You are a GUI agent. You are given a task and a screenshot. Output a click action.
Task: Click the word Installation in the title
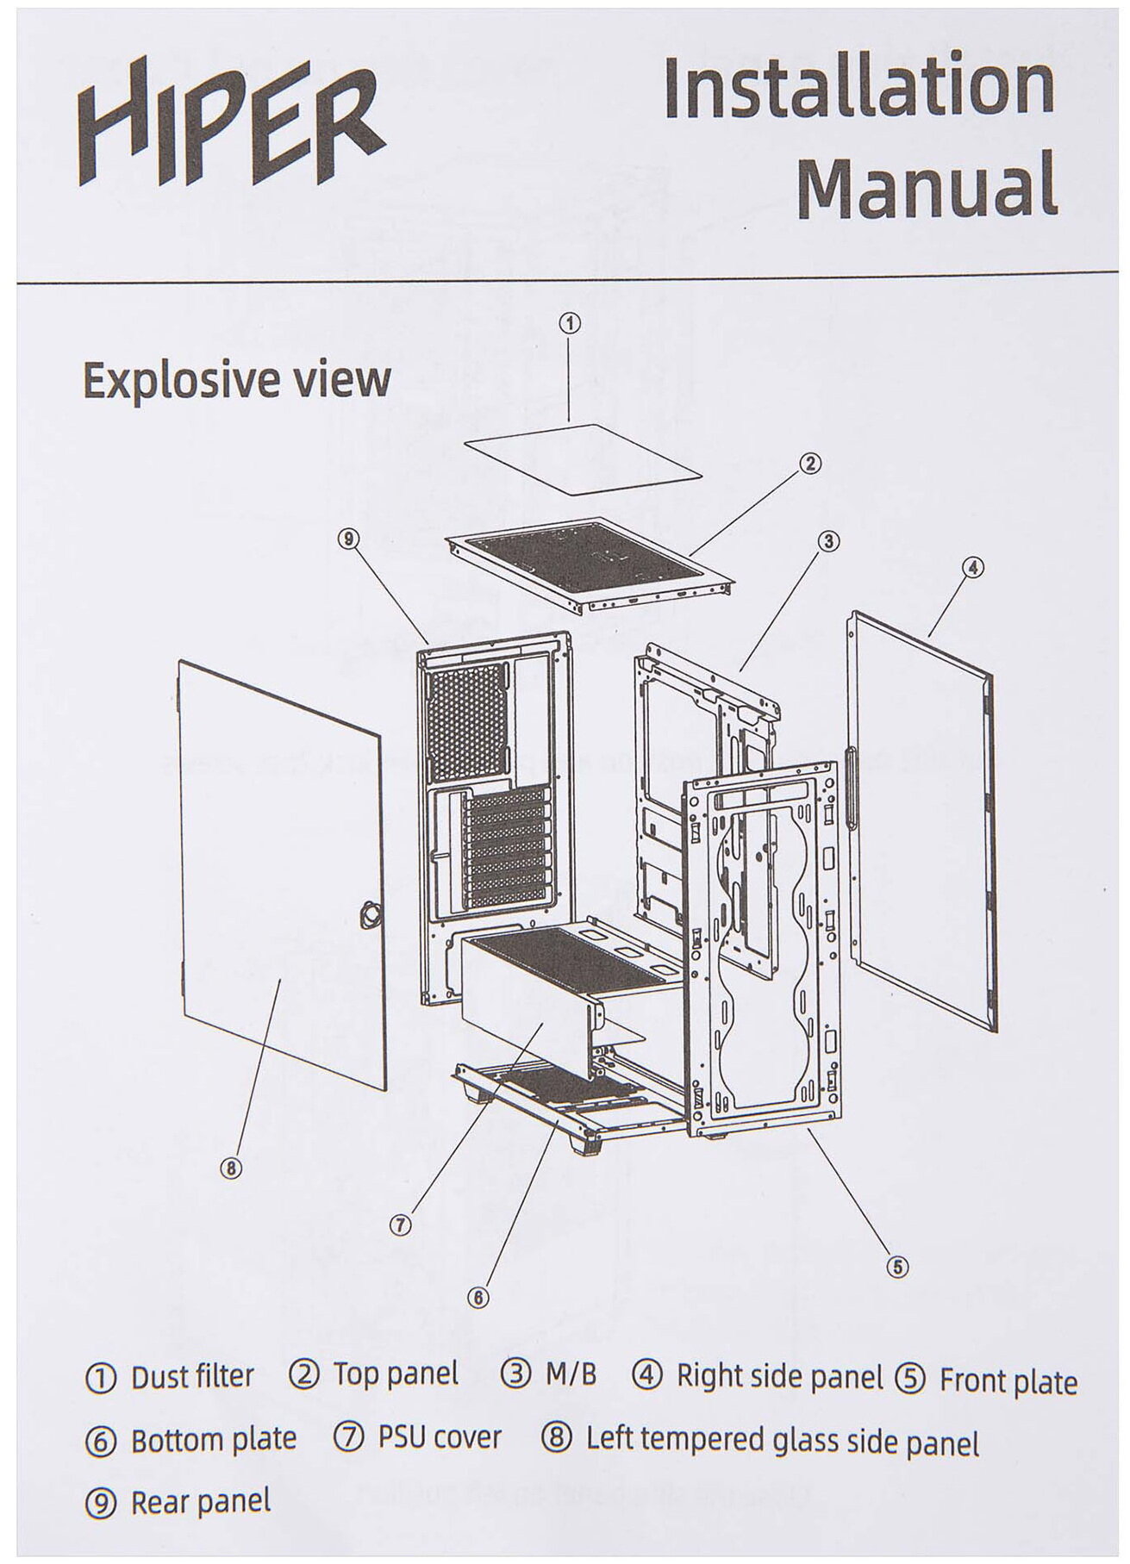(x=859, y=90)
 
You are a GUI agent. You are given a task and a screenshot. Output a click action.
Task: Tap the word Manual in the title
(x=927, y=186)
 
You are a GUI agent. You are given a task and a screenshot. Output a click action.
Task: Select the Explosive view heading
(x=236, y=380)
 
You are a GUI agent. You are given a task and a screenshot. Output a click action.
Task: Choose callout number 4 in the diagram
(x=972, y=567)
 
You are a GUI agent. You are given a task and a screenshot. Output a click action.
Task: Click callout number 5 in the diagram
(x=897, y=1266)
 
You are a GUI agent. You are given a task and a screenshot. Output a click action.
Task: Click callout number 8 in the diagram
(x=230, y=1168)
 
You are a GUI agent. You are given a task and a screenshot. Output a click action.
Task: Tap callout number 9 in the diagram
(x=347, y=539)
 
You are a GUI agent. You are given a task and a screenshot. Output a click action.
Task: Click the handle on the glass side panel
(x=370, y=913)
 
